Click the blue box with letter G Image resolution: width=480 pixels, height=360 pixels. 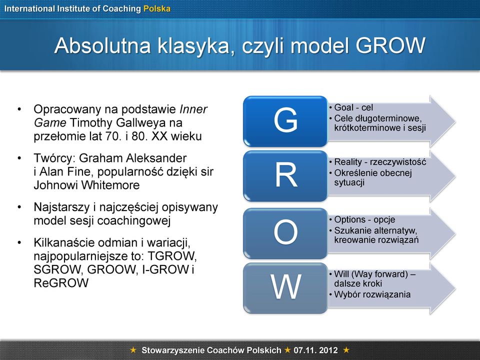285,121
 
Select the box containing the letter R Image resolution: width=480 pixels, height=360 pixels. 285,176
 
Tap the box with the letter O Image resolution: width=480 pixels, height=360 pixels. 285,233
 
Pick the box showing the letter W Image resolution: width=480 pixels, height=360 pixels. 285,288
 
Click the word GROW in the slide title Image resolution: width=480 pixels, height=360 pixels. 390,45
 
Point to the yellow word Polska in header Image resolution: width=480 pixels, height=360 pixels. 157,8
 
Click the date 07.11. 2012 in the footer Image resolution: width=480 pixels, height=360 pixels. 315,350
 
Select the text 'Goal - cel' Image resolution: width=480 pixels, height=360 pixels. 353,107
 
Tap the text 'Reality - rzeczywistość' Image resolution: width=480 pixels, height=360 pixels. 380,161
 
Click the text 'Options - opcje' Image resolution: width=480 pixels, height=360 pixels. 364,219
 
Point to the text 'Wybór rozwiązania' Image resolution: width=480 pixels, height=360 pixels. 372,294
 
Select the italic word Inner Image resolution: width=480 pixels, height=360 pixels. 193,109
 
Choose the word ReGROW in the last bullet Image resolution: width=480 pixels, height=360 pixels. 61,283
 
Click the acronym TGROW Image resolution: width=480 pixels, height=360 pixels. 171,256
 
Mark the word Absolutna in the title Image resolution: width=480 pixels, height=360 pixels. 102,45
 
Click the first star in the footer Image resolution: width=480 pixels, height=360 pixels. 133,349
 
